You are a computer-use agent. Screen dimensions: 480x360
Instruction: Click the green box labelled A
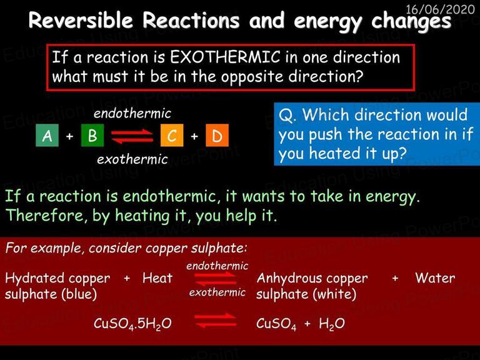pyautogui.click(x=47, y=135)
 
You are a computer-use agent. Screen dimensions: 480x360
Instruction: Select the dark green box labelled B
pyautogui.click(x=92, y=135)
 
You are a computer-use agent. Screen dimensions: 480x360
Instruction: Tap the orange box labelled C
pyautogui.click(x=172, y=135)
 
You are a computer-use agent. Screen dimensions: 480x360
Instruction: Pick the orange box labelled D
pyautogui.click(x=217, y=135)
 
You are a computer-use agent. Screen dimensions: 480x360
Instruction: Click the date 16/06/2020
pyautogui.click(x=440, y=9)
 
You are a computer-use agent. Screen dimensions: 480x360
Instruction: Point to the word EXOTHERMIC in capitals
pyautogui.click(x=225, y=57)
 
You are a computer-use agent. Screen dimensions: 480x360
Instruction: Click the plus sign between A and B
pyautogui.click(x=70, y=136)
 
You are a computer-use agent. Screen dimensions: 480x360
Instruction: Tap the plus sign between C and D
pyautogui.click(x=194, y=136)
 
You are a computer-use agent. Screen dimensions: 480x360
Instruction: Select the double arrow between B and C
pyautogui.click(x=132, y=136)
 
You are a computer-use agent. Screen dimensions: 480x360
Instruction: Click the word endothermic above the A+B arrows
pyautogui.click(x=132, y=114)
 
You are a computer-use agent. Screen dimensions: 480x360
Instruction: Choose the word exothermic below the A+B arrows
pyautogui.click(x=132, y=159)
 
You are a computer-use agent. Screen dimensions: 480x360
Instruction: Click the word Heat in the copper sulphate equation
pyautogui.click(x=157, y=278)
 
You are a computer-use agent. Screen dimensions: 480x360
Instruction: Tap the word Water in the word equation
pyautogui.click(x=435, y=278)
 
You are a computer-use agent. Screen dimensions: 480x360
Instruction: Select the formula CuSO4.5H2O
pyautogui.click(x=132, y=324)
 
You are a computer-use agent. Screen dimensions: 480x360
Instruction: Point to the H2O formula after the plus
pyautogui.click(x=332, y=324)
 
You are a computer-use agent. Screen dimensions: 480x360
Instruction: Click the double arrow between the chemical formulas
pyautogui.click(x=216, y=321)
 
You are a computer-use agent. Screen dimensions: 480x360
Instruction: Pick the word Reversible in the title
pyautogui.click(x=81, y=20)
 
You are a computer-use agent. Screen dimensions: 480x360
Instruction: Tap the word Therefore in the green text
pyautogui.click(x=45, y=215)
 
